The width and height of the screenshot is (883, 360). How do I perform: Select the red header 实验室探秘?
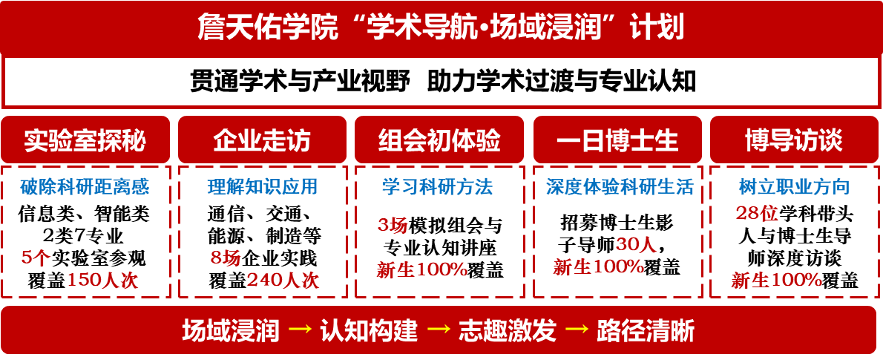click(x=85, y=140)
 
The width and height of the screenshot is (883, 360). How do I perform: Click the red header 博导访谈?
click(x=794, y=140)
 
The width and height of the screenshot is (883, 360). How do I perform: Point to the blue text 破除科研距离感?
click(x=85, y=187)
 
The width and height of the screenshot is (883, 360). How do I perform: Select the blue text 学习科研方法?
click(x=437, y=187)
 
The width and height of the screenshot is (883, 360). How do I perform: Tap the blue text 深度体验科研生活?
click(x=619, y=187)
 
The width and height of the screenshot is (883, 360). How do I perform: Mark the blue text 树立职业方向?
click(x=794, y=187)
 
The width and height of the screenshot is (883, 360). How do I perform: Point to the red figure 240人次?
click(x=283, y=281)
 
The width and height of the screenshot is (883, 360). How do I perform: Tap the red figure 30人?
click(x=636, y=245)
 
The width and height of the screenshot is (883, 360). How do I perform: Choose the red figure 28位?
click(x=757, y=214)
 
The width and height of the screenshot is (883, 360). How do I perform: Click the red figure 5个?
click(x=36, y=258)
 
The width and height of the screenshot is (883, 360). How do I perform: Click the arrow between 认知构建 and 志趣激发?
click(x=439, y=330)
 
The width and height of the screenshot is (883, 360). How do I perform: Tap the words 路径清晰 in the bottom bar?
click(x=646, y=330)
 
